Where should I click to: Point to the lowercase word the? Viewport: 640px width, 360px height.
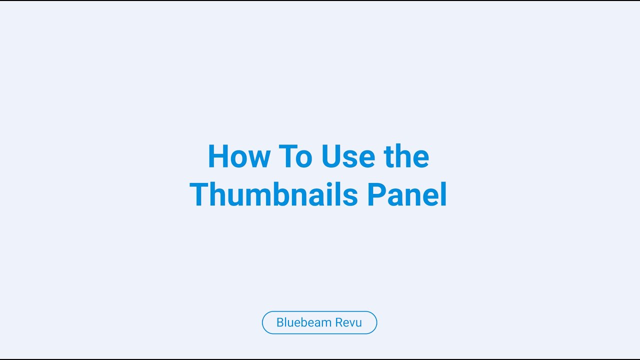[x=406, y=156]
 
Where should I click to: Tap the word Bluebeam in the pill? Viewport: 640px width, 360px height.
[x=303, y=322]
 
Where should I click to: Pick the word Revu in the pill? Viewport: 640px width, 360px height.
[x=348, y=322]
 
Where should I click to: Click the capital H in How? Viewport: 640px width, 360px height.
[x=218, y=156]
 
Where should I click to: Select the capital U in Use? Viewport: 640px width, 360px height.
[x=331, y=156]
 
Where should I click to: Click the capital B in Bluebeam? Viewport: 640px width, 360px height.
[x=280, y=322]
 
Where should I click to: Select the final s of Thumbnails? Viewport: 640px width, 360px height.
[x=351, y=196]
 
